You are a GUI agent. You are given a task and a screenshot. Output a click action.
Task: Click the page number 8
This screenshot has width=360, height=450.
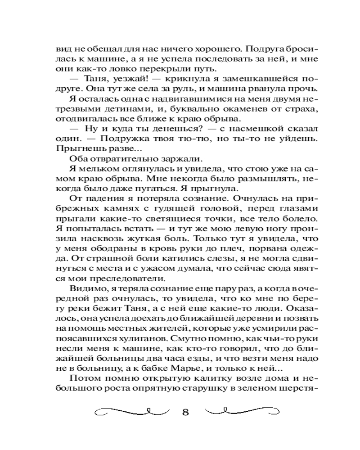coord(185,413)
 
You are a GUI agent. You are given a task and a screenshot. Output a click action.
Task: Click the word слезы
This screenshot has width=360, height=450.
coord(195,257)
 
